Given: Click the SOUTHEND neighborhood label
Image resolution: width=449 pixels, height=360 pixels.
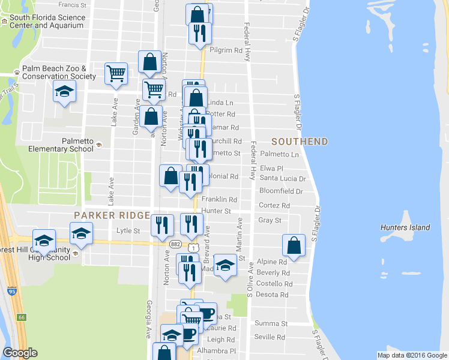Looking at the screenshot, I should (300, 142).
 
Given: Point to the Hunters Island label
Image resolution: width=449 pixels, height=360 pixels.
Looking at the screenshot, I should (405, 227).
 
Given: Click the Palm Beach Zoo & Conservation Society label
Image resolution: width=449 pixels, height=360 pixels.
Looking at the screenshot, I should (59, 73).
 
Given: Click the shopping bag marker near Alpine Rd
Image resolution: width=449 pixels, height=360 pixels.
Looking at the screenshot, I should (294, 245).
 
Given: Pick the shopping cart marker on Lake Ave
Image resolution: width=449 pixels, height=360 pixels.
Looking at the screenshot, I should (116, 74).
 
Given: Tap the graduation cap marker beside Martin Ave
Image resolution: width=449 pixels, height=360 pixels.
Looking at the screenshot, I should (225, 265).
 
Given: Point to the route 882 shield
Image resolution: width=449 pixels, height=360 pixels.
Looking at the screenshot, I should (175, 244).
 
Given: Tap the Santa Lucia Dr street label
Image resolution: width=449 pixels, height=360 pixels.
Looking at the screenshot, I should (283, 179).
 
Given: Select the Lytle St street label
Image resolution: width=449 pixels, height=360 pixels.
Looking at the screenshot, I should (128, 230).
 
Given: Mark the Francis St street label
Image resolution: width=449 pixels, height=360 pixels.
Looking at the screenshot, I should (73, 4).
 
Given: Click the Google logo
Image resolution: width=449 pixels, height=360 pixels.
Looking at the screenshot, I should (20, 353).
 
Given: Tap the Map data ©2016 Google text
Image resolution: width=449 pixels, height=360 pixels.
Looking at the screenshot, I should (412, 355).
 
